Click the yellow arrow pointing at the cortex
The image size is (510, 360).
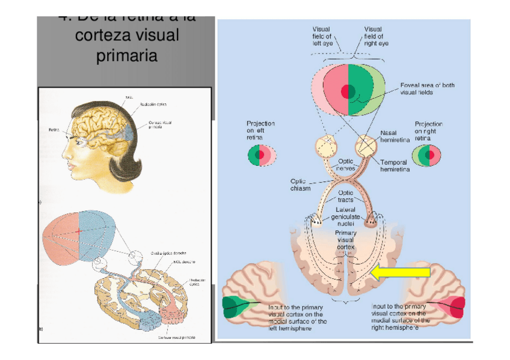(400, 273)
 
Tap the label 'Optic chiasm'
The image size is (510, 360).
(301, 185)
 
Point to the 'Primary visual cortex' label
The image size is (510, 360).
(345, 239)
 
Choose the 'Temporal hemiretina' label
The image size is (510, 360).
(395, 166)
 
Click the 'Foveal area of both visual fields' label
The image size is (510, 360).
(428, 89)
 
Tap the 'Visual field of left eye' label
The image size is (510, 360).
(324, 36)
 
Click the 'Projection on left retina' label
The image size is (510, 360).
(260, 130)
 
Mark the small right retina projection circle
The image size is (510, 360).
(426, 156)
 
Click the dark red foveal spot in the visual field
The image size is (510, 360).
(348, 91)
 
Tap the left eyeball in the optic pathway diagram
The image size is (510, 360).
(328, 146)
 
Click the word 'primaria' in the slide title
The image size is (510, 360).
(127, 56)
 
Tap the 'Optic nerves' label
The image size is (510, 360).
(345, 165)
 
